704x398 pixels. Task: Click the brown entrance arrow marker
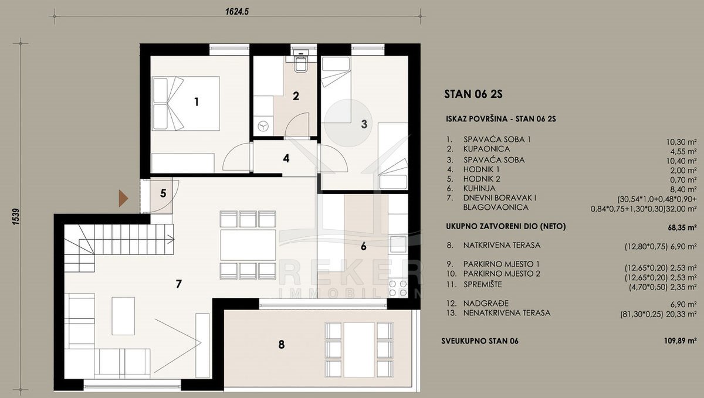point(123,199)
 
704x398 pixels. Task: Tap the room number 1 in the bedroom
point(197,102)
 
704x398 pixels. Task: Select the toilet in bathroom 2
point(301,62)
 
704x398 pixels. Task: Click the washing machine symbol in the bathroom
point(263,126)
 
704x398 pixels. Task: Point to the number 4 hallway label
point(286,158)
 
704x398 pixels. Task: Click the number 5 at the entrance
point(163,193)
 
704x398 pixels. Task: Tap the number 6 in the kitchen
point(364,246)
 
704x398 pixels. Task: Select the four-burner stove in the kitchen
point(398,288)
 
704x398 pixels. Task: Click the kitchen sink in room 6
point(398,244)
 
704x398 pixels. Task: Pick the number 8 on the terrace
point(281,345)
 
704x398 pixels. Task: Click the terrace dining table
point(359,349)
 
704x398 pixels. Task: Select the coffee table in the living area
point(123,316)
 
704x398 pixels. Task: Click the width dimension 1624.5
point(237,12)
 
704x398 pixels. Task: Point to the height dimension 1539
point(16,216)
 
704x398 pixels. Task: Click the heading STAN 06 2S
point(473,94)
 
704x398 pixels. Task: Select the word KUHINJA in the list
point(479,189)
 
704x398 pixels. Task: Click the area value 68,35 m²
point(682,227)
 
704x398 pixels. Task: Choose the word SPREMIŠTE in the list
point(483,284)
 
